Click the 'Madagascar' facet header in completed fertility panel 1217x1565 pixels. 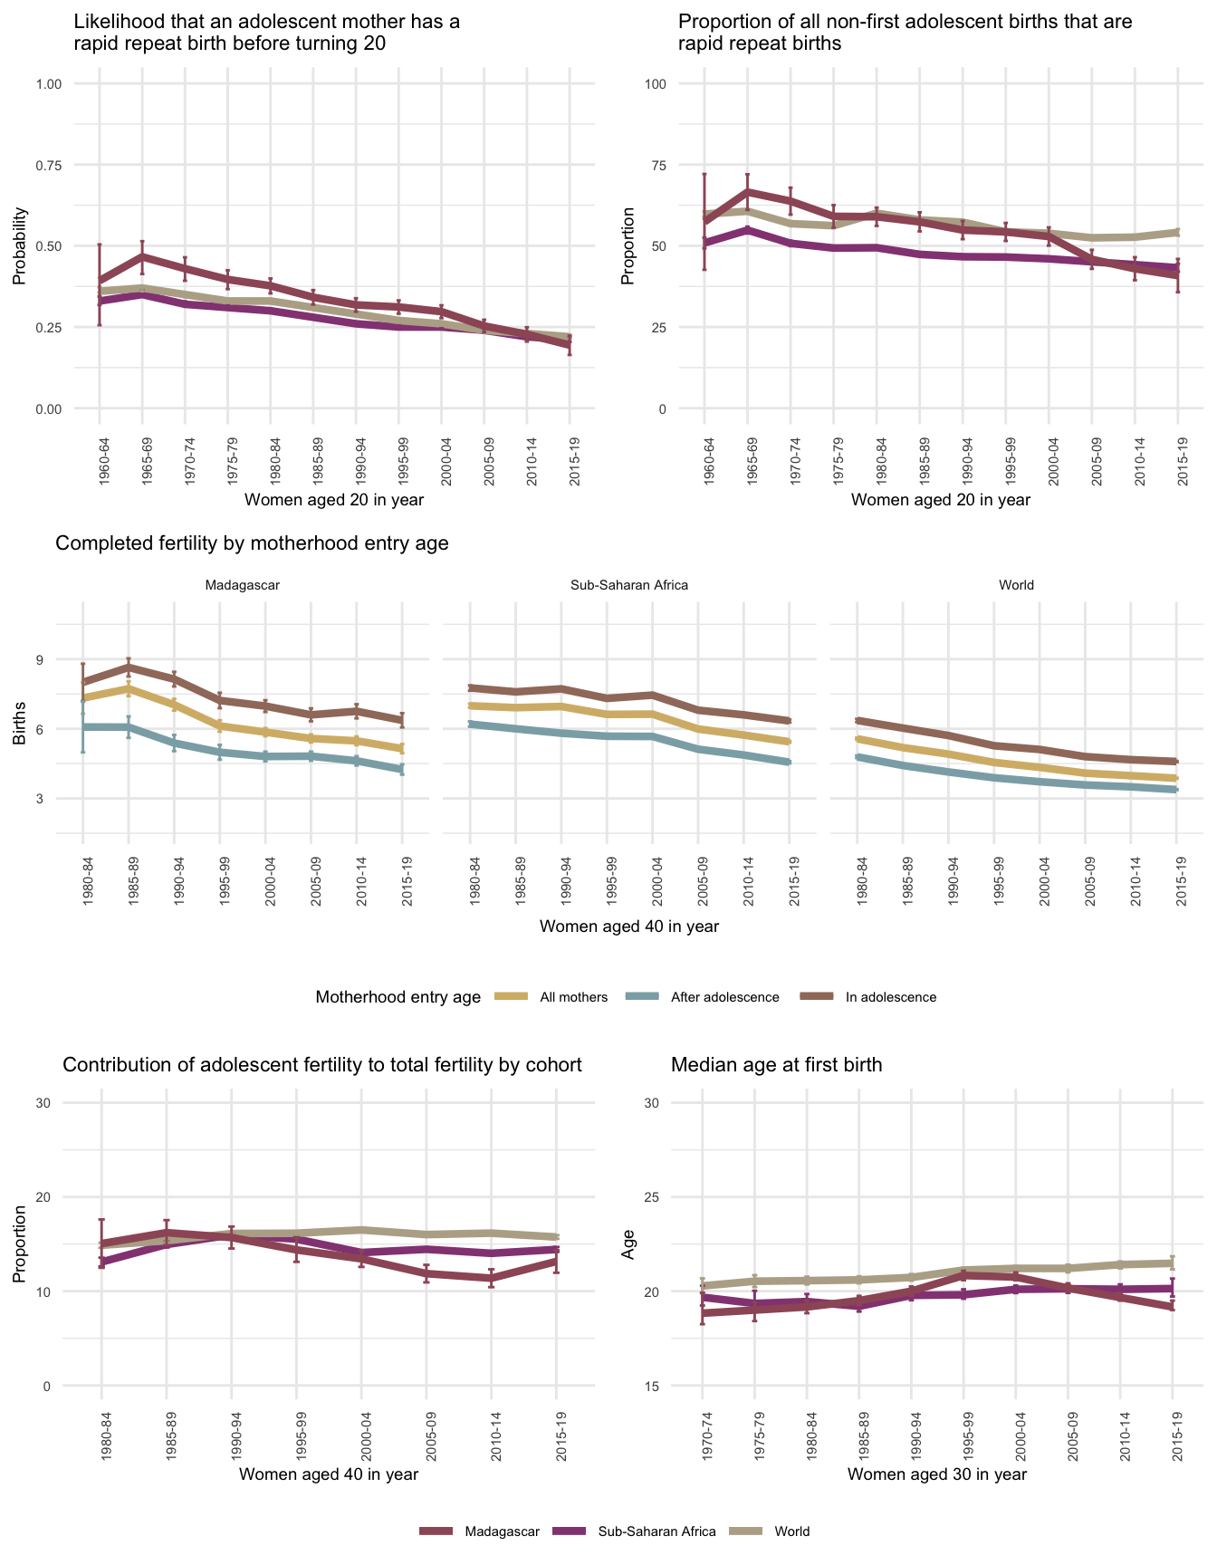[242, 585]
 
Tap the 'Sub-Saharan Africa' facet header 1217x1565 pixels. [629, 585]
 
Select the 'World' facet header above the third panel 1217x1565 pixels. [1016, 585]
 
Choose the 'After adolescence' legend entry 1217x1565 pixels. [724, 997]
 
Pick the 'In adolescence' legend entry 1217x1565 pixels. [890, 997]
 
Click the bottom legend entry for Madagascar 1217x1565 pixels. [502, 1531]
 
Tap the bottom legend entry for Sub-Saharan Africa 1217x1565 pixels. [656, 1531]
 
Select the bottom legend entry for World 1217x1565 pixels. [791, 1531]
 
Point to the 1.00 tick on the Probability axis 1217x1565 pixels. [48, 84]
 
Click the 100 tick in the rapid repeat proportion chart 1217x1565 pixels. [656, 84]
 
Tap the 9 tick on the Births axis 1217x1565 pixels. [39, 659]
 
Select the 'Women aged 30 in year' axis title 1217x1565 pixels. [937, 1474]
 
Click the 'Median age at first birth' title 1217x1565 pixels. [776, 1065]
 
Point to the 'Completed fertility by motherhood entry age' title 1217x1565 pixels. [252, 543]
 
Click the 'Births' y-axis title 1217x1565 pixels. [19, 728]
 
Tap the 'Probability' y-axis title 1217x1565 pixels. [19, 246]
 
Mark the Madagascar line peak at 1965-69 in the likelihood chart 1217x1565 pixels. [142, 256]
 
